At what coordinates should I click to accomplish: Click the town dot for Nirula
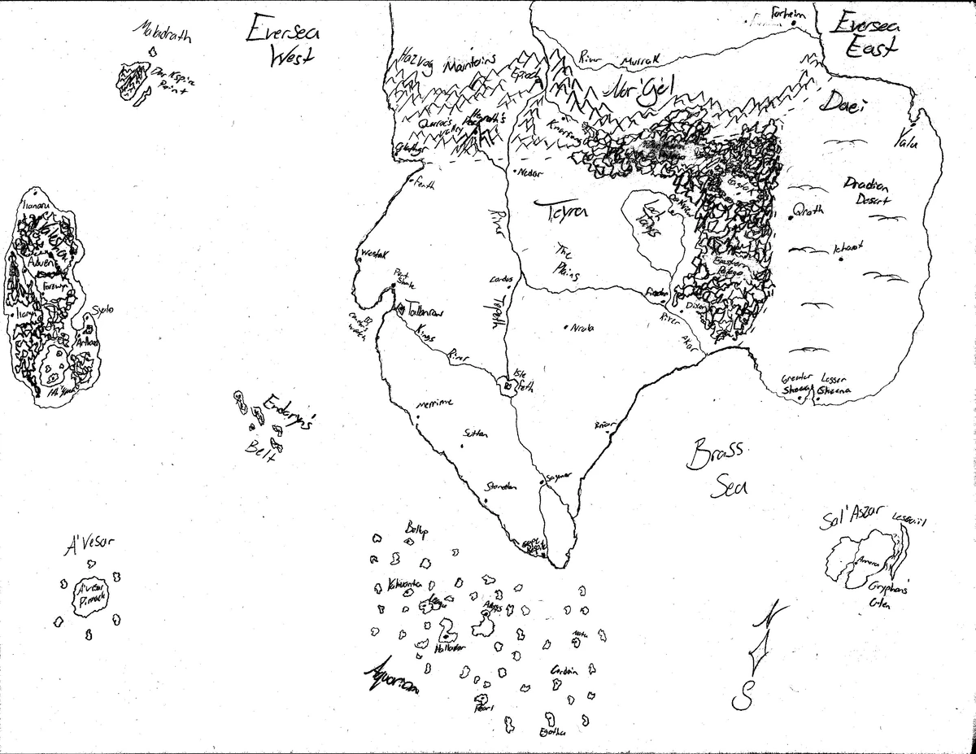tap(565, 329)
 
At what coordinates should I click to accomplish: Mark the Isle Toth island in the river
tap(507, 387)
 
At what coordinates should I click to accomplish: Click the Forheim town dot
tap(794, 24)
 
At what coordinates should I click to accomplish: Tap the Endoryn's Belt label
tap(279, 426)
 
